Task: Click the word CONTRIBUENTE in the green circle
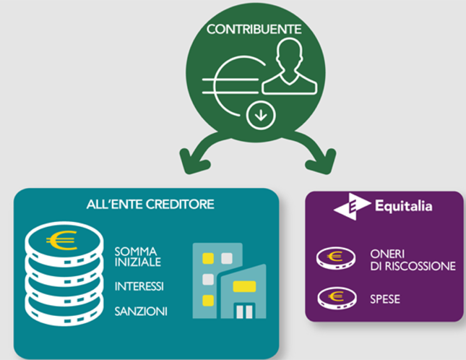point(254,30)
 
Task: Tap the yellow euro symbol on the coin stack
point(61,239)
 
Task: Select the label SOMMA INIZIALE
point(137,256)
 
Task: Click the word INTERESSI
point(139,287)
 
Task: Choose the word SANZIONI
point(141,312)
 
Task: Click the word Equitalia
point(403,206)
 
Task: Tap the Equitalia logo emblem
point(352,206)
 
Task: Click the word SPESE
point(384,296)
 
